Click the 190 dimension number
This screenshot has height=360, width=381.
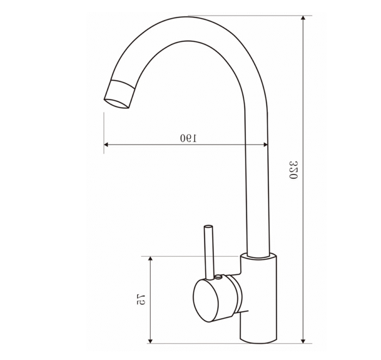click(x=189, y=138)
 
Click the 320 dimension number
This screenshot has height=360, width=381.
click(x=293, y=170)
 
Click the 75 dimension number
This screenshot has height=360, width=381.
click(x=141, y=299)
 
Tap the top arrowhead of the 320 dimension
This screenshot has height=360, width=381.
click(x=303, y=18)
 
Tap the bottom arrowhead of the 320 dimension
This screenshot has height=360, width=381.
click(x=303, y=340)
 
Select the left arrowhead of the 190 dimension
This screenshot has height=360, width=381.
click(x=107, y=145)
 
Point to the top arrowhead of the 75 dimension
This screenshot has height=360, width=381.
click(x=150, y=259)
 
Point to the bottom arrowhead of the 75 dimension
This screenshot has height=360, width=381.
click(x=150, y=340)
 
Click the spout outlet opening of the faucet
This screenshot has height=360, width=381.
click(x=116, y=103)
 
